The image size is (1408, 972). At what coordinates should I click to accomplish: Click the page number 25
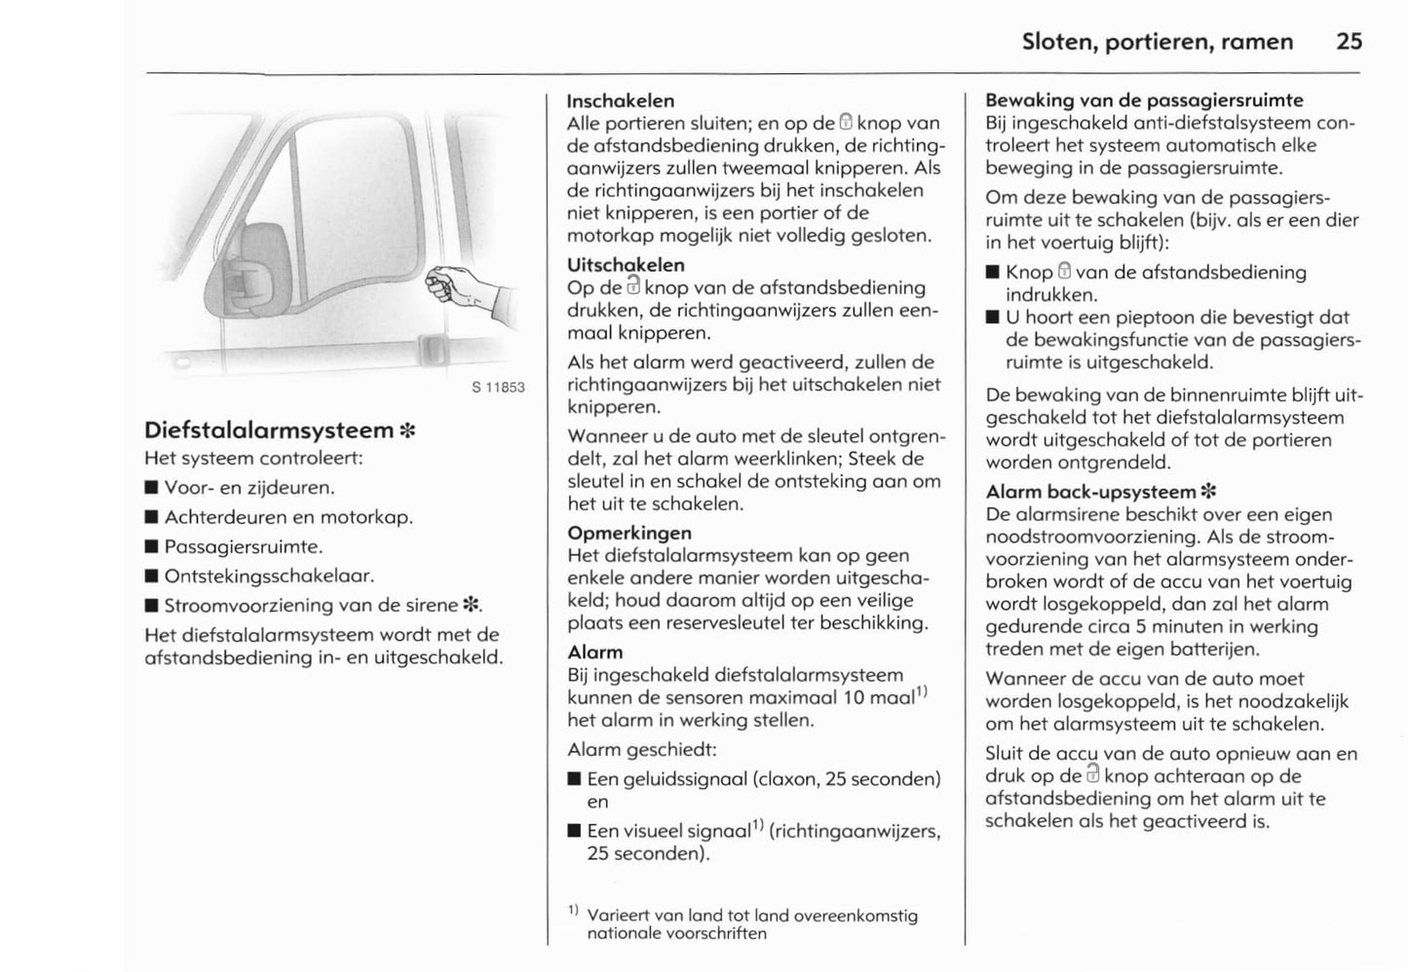[x=1349, y=41]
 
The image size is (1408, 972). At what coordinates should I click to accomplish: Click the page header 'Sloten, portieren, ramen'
[x=1158, y=41]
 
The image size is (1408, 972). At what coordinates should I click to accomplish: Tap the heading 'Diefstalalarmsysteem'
[x=269, y=430]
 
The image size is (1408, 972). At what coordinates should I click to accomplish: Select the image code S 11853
[x=498, y=388]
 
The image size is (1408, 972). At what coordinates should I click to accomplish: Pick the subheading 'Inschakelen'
[x=620, y=100]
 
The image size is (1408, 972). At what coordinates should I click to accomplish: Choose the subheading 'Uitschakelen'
[x=626, y=265]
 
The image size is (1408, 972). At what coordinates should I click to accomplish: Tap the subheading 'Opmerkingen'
[x=629, y=533]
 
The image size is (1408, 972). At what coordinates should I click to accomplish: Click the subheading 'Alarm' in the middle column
[x=594, y=652]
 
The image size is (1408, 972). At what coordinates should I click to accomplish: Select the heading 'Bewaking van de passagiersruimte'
[x=1144, y=100]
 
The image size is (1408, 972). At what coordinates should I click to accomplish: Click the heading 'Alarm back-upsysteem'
[x=1090, y=492]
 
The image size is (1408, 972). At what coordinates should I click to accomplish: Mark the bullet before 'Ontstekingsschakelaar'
[x=151, y=577]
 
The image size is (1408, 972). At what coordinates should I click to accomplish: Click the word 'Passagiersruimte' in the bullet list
[x=243, y=546]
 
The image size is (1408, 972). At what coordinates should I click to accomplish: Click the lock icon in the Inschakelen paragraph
[x=846, y=123]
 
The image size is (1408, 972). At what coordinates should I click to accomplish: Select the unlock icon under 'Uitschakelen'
[x=633, y=286]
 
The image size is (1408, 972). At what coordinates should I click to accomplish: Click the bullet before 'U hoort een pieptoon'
[x=992, y=318]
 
